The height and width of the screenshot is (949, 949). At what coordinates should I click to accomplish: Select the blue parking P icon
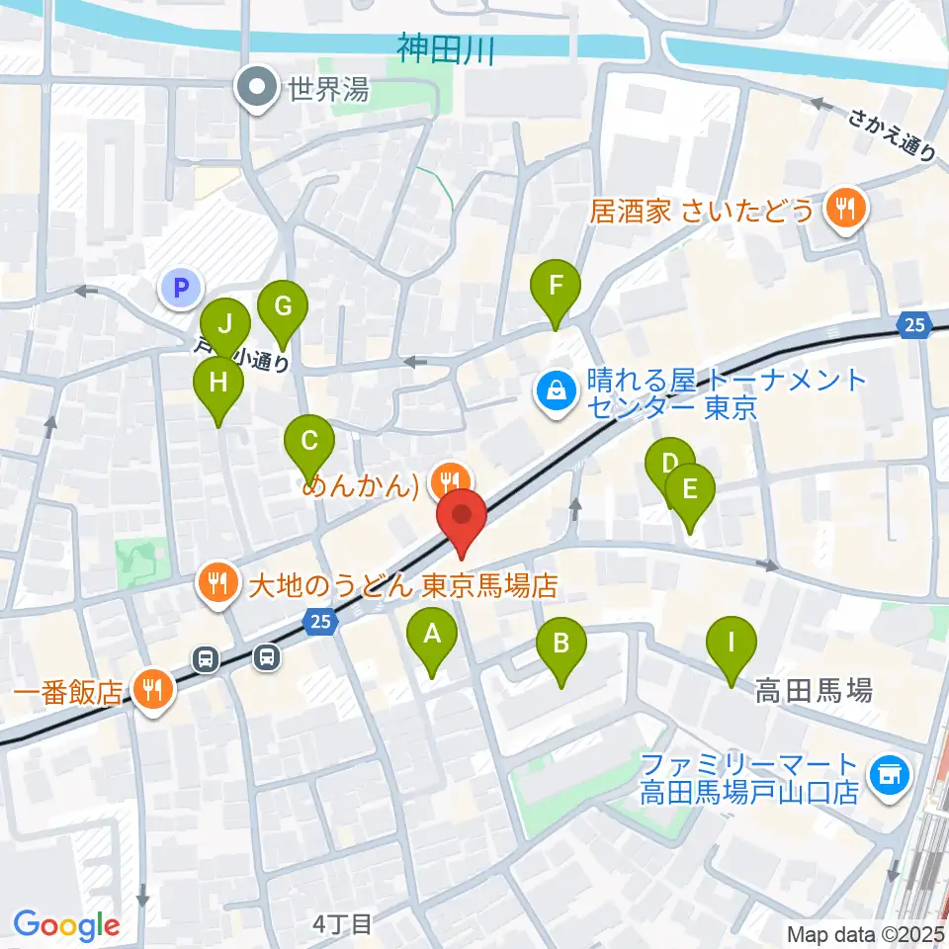tap(180, 289)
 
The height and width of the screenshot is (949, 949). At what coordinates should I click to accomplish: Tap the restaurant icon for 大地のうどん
tap(216, 585)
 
